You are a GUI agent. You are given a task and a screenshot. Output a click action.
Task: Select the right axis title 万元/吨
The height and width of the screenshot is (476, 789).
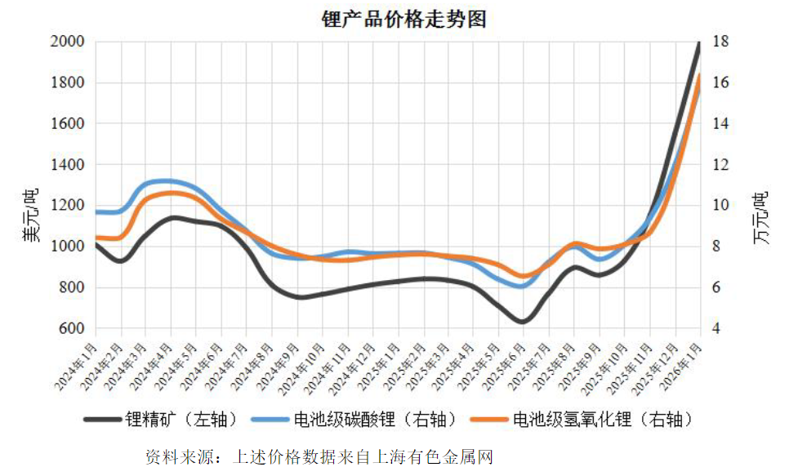click(x=760, y=216)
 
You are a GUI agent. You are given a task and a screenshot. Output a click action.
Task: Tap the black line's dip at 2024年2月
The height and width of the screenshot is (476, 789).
click(x=120, y=261)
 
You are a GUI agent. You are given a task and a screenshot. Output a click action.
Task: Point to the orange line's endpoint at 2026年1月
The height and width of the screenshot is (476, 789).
click(x=700, y=76)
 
